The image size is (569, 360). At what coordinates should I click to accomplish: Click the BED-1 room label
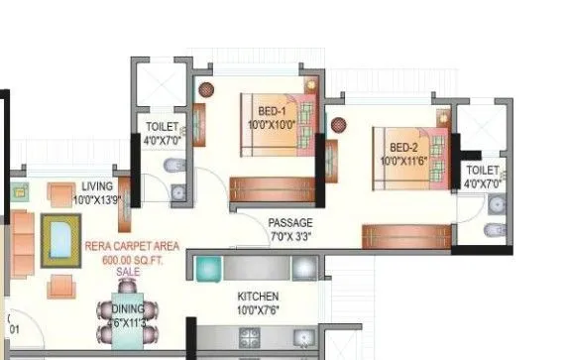(x=273, y=111)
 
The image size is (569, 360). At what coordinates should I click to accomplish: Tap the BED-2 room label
(x=403, y=145)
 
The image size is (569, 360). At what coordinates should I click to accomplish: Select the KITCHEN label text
(x=258, y=297)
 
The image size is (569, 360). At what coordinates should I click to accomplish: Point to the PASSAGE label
(x=289, y=223)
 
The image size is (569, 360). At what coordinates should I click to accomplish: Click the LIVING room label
(x=97, y=186)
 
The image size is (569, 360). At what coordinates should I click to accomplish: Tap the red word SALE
(x=128, y=270)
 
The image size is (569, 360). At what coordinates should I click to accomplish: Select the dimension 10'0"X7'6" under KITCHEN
(x=258, y=310)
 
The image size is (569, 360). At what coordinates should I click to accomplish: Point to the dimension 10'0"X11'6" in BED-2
(x=404, y=159)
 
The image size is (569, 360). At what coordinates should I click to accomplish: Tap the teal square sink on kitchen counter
(x=208, y=268)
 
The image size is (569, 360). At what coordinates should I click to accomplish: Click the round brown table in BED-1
(x=205, y=88)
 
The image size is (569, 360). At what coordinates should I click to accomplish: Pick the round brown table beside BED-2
(x=338, y=126)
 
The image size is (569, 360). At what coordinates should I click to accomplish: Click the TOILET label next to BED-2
(x=484, y=171)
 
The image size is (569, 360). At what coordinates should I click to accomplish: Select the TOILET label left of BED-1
(x=162, y=127)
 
